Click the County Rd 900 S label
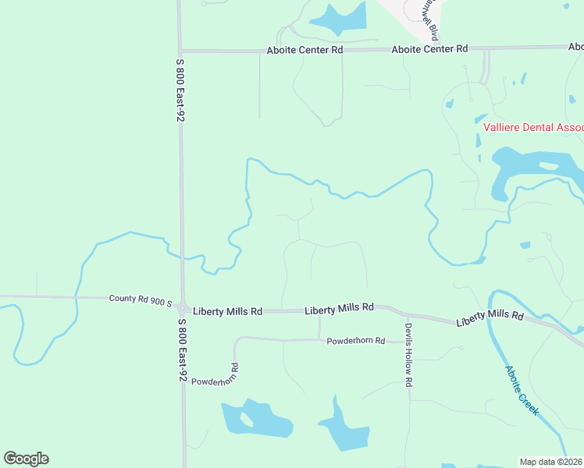(141, 298)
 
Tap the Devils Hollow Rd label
(408, 355)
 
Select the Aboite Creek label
(522, 390)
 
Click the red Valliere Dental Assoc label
(533, 128)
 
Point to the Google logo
(26, 459)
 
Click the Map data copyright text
(551, 461)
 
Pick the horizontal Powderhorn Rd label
(356, 341)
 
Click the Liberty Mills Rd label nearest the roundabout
(228, 311)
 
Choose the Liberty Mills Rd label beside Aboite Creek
(490, 317)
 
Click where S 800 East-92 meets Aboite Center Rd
(180, 51)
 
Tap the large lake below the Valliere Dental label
(539, 168)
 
